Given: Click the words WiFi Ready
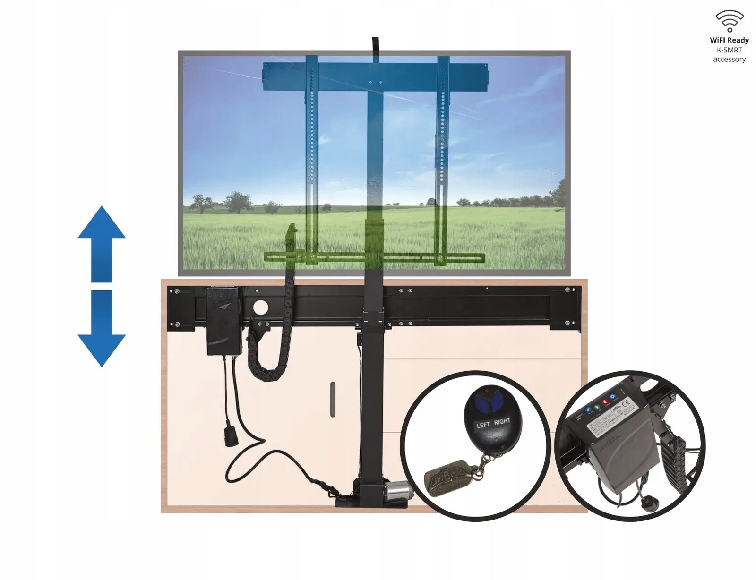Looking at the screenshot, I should [x=729, y=40].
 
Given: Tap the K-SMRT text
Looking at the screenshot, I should [x=729, y=50].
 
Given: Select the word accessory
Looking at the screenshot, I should [x=729, y=59].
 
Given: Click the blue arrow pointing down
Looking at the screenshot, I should [x=102, y=331].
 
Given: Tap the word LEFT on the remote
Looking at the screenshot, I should [x=483, y=425].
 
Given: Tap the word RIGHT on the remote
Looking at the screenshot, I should [x=502, y=421].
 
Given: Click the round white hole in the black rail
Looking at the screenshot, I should [x=260, y=308].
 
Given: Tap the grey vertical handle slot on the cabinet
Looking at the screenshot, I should [x=333, y=399].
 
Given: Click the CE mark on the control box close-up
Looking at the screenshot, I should [x=627, y=404].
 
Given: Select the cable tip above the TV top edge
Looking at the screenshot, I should [x=375, y=43].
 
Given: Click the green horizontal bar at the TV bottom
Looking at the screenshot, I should [x=373, y=258].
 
